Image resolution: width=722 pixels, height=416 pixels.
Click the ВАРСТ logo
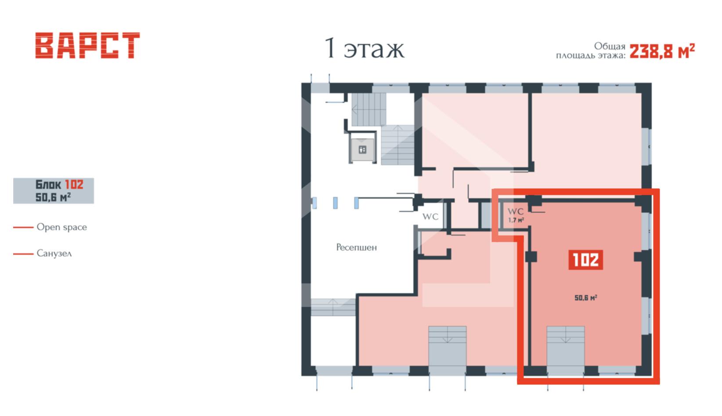[x=87, y=45]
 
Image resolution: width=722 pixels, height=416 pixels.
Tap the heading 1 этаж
[x=364, y=48]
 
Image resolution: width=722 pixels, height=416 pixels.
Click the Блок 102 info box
[x=54, y=190]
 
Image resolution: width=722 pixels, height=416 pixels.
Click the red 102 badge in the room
[x=586, y=259]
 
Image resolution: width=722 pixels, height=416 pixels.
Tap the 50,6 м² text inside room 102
[x=586, y=298]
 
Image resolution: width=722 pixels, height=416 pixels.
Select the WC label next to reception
[x=430, y=217]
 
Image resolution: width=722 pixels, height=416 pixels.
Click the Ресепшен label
[x=357, y=247]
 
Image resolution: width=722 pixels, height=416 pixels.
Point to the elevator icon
[x=363, y=150]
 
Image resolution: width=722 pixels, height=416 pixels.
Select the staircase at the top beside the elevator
[x=369, y=109]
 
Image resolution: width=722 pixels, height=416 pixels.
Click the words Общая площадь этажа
[x=591, y=51]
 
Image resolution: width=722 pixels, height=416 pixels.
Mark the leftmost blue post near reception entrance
[x=314, y=203]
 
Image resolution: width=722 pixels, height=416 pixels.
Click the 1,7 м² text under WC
[x=516, y=220]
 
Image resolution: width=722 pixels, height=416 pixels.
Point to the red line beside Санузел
[x=23, y=254]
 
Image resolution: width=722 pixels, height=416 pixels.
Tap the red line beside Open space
[x=23, y=227]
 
